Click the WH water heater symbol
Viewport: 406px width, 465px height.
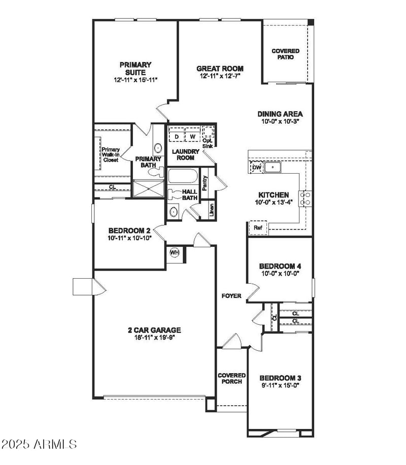click(174, 252)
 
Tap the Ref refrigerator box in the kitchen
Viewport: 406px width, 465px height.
click(258, 228)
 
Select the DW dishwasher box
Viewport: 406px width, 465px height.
click(256, 167)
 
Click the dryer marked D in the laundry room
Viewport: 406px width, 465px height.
click(177, 136)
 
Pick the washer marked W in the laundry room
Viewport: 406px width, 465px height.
click(192, 136)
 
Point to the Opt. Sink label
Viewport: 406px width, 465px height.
click(208, 143)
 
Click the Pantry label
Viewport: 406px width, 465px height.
click(205, 183)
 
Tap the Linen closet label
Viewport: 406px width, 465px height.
click(212, 210)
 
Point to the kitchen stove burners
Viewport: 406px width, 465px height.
click(307, 198)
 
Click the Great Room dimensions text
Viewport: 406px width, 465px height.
click(220, 76)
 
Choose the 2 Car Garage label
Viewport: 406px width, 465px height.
click(154, 330)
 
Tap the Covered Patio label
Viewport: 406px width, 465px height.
click(285, 54)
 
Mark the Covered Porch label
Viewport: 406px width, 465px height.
click(231, 378)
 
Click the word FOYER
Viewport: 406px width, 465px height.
click(231, 296)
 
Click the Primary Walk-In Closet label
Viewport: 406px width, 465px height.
click(110, 154)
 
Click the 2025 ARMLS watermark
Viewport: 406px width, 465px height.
click(39, 444)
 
